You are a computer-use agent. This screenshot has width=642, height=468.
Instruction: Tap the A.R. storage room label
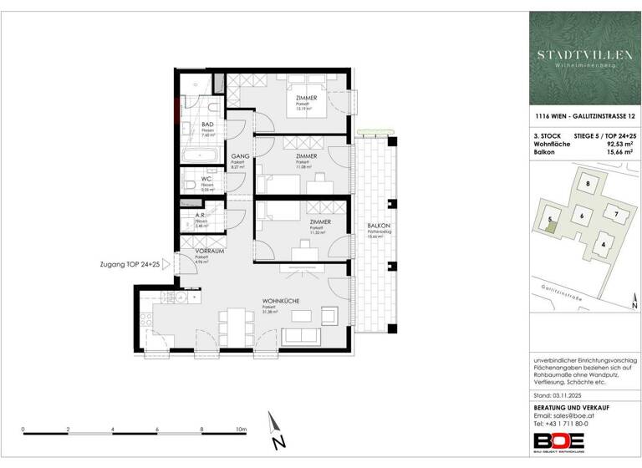coord(200,215)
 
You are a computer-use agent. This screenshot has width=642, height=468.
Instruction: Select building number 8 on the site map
coord(588,184)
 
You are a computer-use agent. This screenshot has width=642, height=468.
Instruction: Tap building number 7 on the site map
coord(615,214)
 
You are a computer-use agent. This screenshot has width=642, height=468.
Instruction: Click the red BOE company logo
coord(554,440)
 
